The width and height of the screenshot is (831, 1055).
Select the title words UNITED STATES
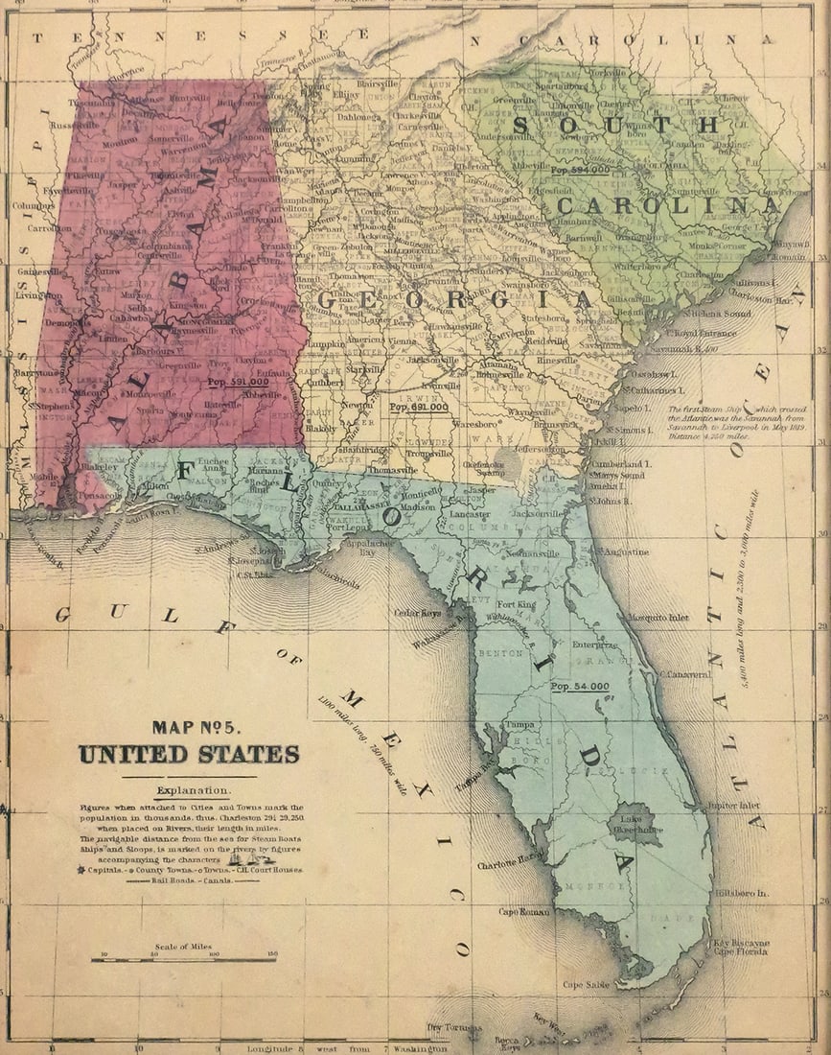point(188,754)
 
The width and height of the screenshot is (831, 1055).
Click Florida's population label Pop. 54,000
point(581,687)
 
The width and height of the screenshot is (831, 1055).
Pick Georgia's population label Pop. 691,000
point(419,407)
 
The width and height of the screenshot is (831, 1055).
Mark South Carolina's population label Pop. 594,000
point(580,169)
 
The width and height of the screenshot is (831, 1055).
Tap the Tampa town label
point(520,724)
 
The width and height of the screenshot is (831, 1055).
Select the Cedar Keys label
point(419,613)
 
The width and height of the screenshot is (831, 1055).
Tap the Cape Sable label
point(587,984)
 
